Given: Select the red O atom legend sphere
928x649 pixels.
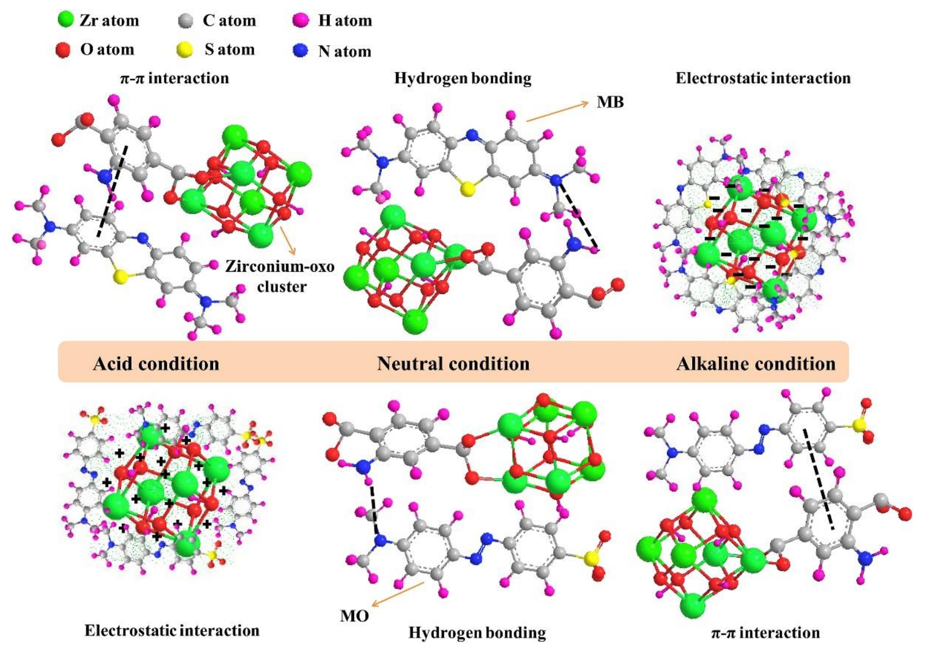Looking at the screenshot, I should (63, 50).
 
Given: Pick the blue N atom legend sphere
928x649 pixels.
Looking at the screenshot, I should (300, 51).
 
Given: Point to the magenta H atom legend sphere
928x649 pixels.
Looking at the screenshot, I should (301, 20).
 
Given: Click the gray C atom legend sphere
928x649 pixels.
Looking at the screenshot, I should (185, 21).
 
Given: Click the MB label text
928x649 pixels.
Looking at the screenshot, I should (610, 102).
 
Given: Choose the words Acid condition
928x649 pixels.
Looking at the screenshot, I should (156, 364).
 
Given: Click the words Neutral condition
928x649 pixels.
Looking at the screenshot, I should (453, 364).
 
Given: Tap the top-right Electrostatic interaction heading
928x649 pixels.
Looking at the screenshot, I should (763, 78).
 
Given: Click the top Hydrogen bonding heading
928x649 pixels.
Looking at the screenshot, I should (463, 78).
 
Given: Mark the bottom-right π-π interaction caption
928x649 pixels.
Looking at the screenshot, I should (765, 632).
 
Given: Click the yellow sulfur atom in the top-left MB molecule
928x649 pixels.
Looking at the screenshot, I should (120, 277).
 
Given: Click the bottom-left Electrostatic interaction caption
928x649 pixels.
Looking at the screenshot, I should (172, 630).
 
